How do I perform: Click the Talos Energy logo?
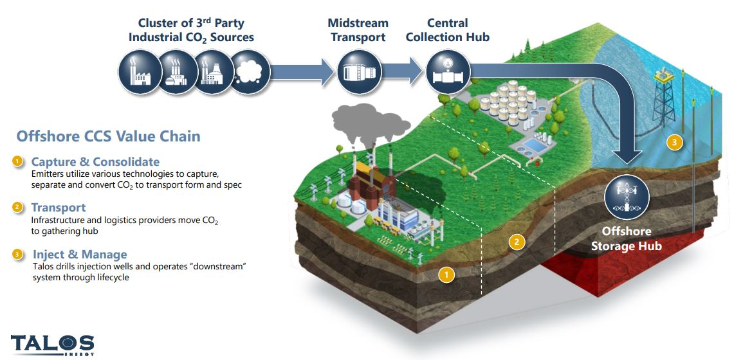[52, 345]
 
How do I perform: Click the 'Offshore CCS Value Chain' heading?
[108, 136]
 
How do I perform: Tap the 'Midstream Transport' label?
[359, 30]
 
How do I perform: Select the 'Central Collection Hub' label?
[448, 30]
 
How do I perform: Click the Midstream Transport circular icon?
[354, 71]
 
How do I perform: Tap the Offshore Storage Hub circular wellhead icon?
[627, 197]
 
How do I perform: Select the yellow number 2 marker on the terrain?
[515, 242]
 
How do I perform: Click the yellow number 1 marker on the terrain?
[446, 274]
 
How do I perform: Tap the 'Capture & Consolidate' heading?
[95, 161]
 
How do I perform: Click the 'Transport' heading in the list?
[59, 208]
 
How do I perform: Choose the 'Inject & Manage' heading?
[80, 255]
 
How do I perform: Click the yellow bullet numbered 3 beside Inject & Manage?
[18, 255]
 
